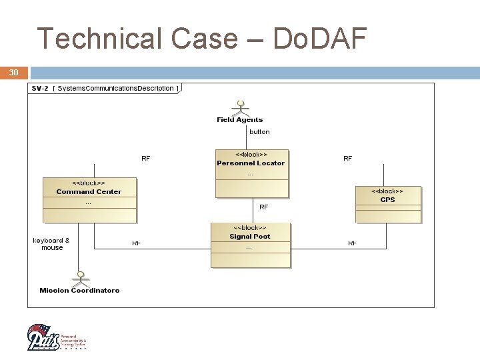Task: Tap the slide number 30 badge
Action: (14, 72)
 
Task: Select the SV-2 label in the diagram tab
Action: (40, 89)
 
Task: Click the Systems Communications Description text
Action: (115, 89)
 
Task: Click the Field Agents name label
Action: (240, 120)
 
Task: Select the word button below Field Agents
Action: (259, 132)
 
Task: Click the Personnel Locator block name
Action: (251, 163)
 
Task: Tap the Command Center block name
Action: (89, 192)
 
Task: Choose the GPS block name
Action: (388, 200)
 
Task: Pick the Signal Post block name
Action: (250, 237)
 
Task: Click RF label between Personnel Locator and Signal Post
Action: (264, 207)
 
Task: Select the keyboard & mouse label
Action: (51, 244)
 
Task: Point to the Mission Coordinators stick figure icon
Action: (80, 278)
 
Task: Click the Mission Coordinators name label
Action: (80, 291)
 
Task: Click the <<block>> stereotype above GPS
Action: (388, 191)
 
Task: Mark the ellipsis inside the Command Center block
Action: (89, 202)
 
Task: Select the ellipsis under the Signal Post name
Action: (249, 247)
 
